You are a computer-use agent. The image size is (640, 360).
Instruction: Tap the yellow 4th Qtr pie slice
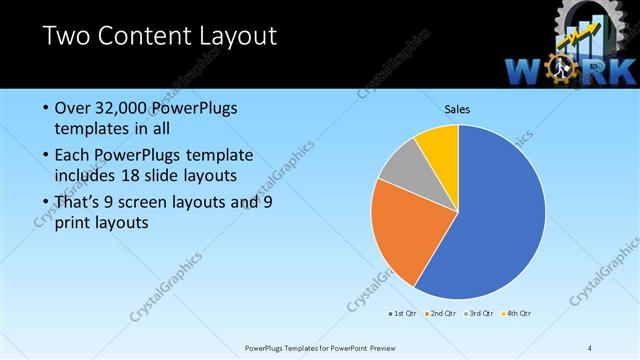coord(439,143)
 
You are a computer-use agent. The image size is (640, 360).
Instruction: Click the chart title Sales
coord(458,109)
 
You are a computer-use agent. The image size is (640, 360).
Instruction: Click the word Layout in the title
coord(226,38)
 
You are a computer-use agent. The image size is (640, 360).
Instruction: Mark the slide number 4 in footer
coord(590,347)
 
